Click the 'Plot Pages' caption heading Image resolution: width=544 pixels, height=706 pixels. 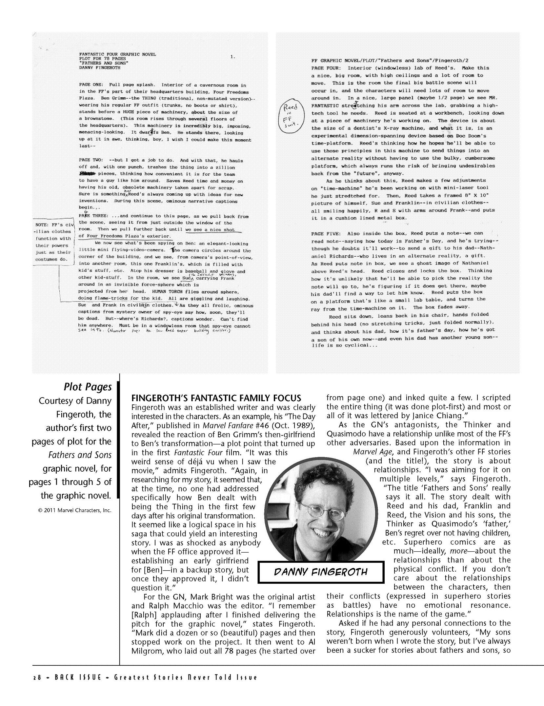[x=87, y=387]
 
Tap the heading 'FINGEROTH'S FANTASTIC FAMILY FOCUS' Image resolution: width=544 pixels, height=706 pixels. [x=216, y=398]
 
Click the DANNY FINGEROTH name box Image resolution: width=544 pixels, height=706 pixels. [x=320, y=572]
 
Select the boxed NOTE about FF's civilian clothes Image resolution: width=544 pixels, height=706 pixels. [x=53, y=242]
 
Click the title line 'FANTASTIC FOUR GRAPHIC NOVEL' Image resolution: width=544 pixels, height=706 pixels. [x=117, y=54]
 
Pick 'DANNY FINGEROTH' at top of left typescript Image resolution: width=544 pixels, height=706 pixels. [x=100, y=68]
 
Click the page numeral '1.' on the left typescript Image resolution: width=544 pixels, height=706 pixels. [x=232, y=57]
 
